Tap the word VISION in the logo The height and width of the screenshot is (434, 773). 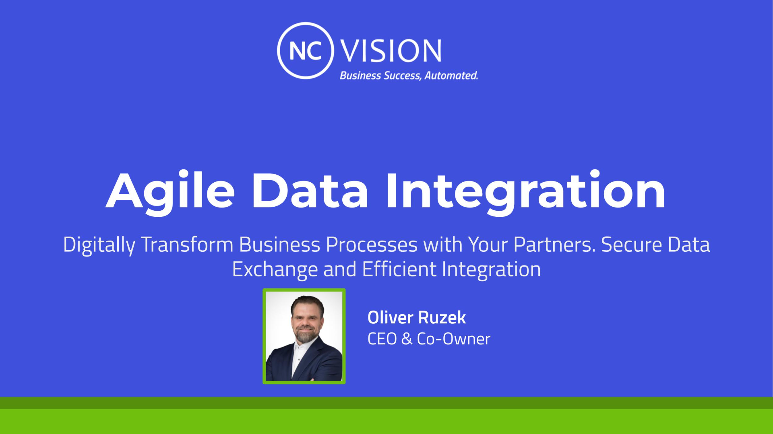391,51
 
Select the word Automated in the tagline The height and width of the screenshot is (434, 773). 451,76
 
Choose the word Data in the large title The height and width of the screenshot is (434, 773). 310,191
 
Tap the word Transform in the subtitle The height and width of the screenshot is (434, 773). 187,245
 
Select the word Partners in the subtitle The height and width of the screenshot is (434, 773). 554,245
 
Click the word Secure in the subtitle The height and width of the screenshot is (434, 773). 632,245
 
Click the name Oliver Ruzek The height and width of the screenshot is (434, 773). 417,317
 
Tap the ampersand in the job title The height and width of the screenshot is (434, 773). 407,339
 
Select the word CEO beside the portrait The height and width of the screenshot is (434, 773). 382,339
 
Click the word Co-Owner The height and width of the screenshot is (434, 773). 453,339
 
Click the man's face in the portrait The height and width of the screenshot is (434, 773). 307,320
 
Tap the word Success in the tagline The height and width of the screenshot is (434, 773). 402,76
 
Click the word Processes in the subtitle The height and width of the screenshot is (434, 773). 372,245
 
